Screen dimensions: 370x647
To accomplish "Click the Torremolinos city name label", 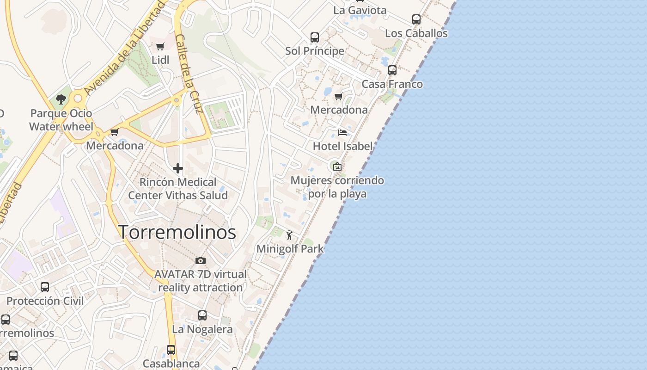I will pyautogui.click(x=178, y=232).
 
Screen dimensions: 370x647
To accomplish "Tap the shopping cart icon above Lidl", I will pyautogui.click(x=160, y=46).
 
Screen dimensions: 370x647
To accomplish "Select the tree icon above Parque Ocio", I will pyautogui.click(x=61, y=99).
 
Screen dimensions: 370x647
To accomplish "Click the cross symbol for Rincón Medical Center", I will pyautogui.click(x=178, y=168).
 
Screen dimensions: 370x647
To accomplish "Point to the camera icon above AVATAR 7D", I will pyautogui.click(x=201, y=261).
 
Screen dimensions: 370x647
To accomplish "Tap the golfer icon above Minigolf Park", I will pyautogui.click(x=290, y=235).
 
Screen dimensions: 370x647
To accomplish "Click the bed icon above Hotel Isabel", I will pyautogui.click(x=342, y=133).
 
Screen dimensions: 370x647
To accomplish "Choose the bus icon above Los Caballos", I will pyautogui.click(x=416, y=19).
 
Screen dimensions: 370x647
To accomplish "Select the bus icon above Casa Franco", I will pyautogui.click(x=392, y=70).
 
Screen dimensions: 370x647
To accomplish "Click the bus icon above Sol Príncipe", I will pyautogui.click(x=315, y=37).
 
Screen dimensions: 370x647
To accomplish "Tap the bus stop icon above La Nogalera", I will pyautogui.click(x=202, y=315).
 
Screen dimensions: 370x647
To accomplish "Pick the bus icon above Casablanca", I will pyautogui.click(x=171, y=350).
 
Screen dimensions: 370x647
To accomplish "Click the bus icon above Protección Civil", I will pyautogui.click(x=45, y=287).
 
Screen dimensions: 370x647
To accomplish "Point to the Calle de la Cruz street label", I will pyautogui.click(x=189, y=74).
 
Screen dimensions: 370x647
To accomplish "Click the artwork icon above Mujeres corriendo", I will pyautogui.click(x=337, y=166).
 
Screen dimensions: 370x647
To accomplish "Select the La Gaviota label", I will pyautogui.click(x=360, y=10).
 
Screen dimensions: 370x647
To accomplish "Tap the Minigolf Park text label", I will pyautogui.click(x=290, y=249).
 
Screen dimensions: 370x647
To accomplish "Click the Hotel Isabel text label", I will pyautogui.click(x=342, y=146).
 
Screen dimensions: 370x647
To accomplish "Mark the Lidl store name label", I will pyautogui.click(x=160, y=60).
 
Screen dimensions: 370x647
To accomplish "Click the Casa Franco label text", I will pyautogui.click(x=392, y=84).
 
